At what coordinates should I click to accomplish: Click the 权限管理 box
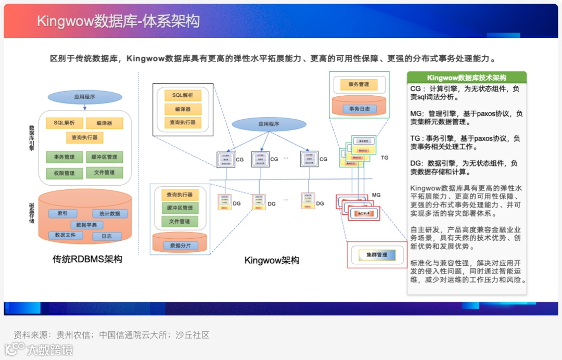64,173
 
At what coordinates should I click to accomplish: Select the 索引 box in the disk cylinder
63,213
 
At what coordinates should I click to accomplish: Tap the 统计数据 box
110,213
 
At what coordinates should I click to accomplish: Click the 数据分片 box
179,245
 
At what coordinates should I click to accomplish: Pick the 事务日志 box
358,109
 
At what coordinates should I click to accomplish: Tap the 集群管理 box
376,255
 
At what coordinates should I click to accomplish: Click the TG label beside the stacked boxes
385,157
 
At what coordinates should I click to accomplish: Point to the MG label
376,195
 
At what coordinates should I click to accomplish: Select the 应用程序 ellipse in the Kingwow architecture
269,124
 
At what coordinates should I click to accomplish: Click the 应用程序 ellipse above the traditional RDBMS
85,97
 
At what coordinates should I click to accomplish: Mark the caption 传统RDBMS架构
87,259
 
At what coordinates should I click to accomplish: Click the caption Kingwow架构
272,260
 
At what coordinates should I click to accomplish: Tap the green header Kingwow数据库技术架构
466,78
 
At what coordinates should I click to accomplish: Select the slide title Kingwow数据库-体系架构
118,21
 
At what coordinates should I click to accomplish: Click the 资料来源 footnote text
111,335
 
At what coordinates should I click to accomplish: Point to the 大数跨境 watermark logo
39,349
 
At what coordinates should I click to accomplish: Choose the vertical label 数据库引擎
32,138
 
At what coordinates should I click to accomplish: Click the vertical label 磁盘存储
32,214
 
